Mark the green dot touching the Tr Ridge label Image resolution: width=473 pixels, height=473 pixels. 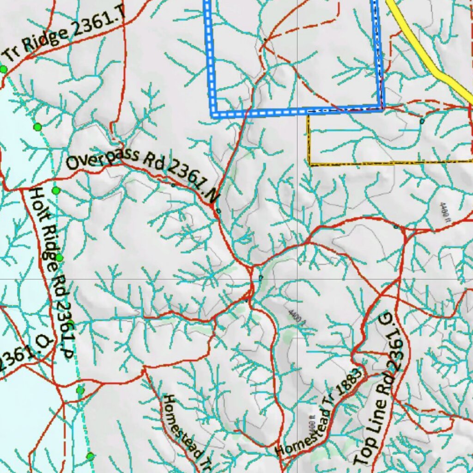click(x=4, y=69)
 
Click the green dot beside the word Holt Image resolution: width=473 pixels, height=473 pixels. click(x=56, y=190)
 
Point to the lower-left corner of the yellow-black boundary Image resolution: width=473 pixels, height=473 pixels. click(x=309, y=164)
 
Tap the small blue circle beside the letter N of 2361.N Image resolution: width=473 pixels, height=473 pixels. click(x=218, y=211)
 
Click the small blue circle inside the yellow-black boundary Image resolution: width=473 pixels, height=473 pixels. click(x=421, y=121)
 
